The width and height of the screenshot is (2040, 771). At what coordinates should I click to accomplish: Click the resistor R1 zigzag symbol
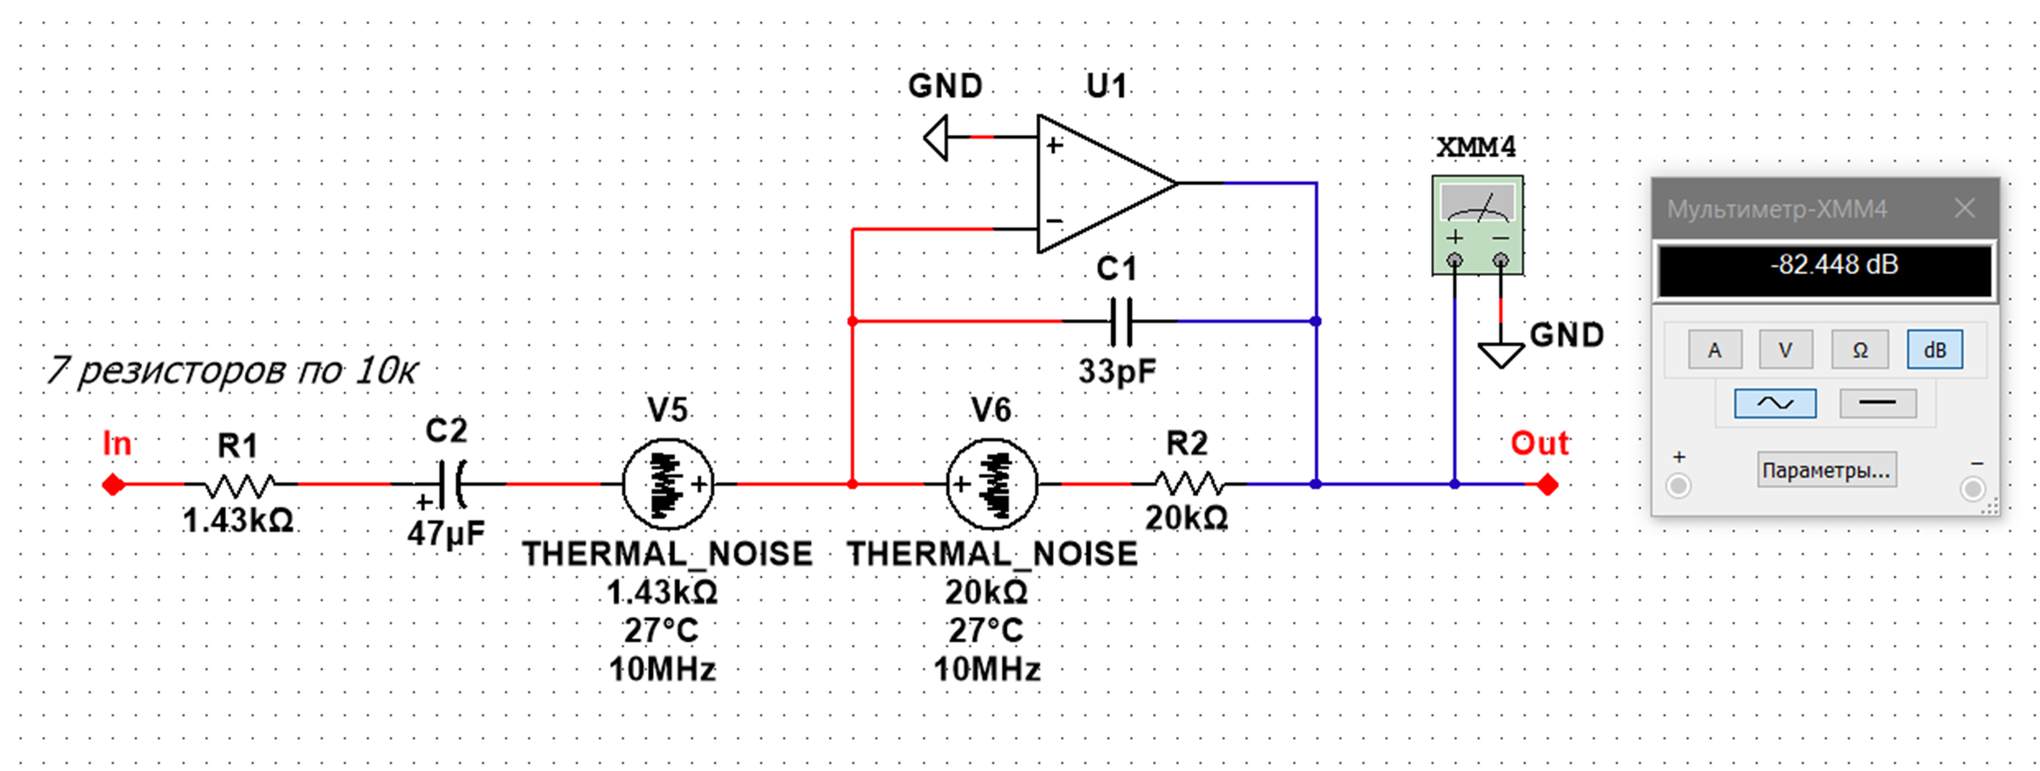point(239,484)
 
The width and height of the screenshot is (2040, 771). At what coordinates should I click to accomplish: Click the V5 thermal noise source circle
point(668,484)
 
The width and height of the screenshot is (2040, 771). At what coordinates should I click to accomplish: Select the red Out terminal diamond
point(1547,484)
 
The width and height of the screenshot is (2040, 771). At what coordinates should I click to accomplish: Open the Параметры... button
point(1826,470)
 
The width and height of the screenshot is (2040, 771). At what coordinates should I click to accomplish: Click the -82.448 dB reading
point(1833,264)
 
